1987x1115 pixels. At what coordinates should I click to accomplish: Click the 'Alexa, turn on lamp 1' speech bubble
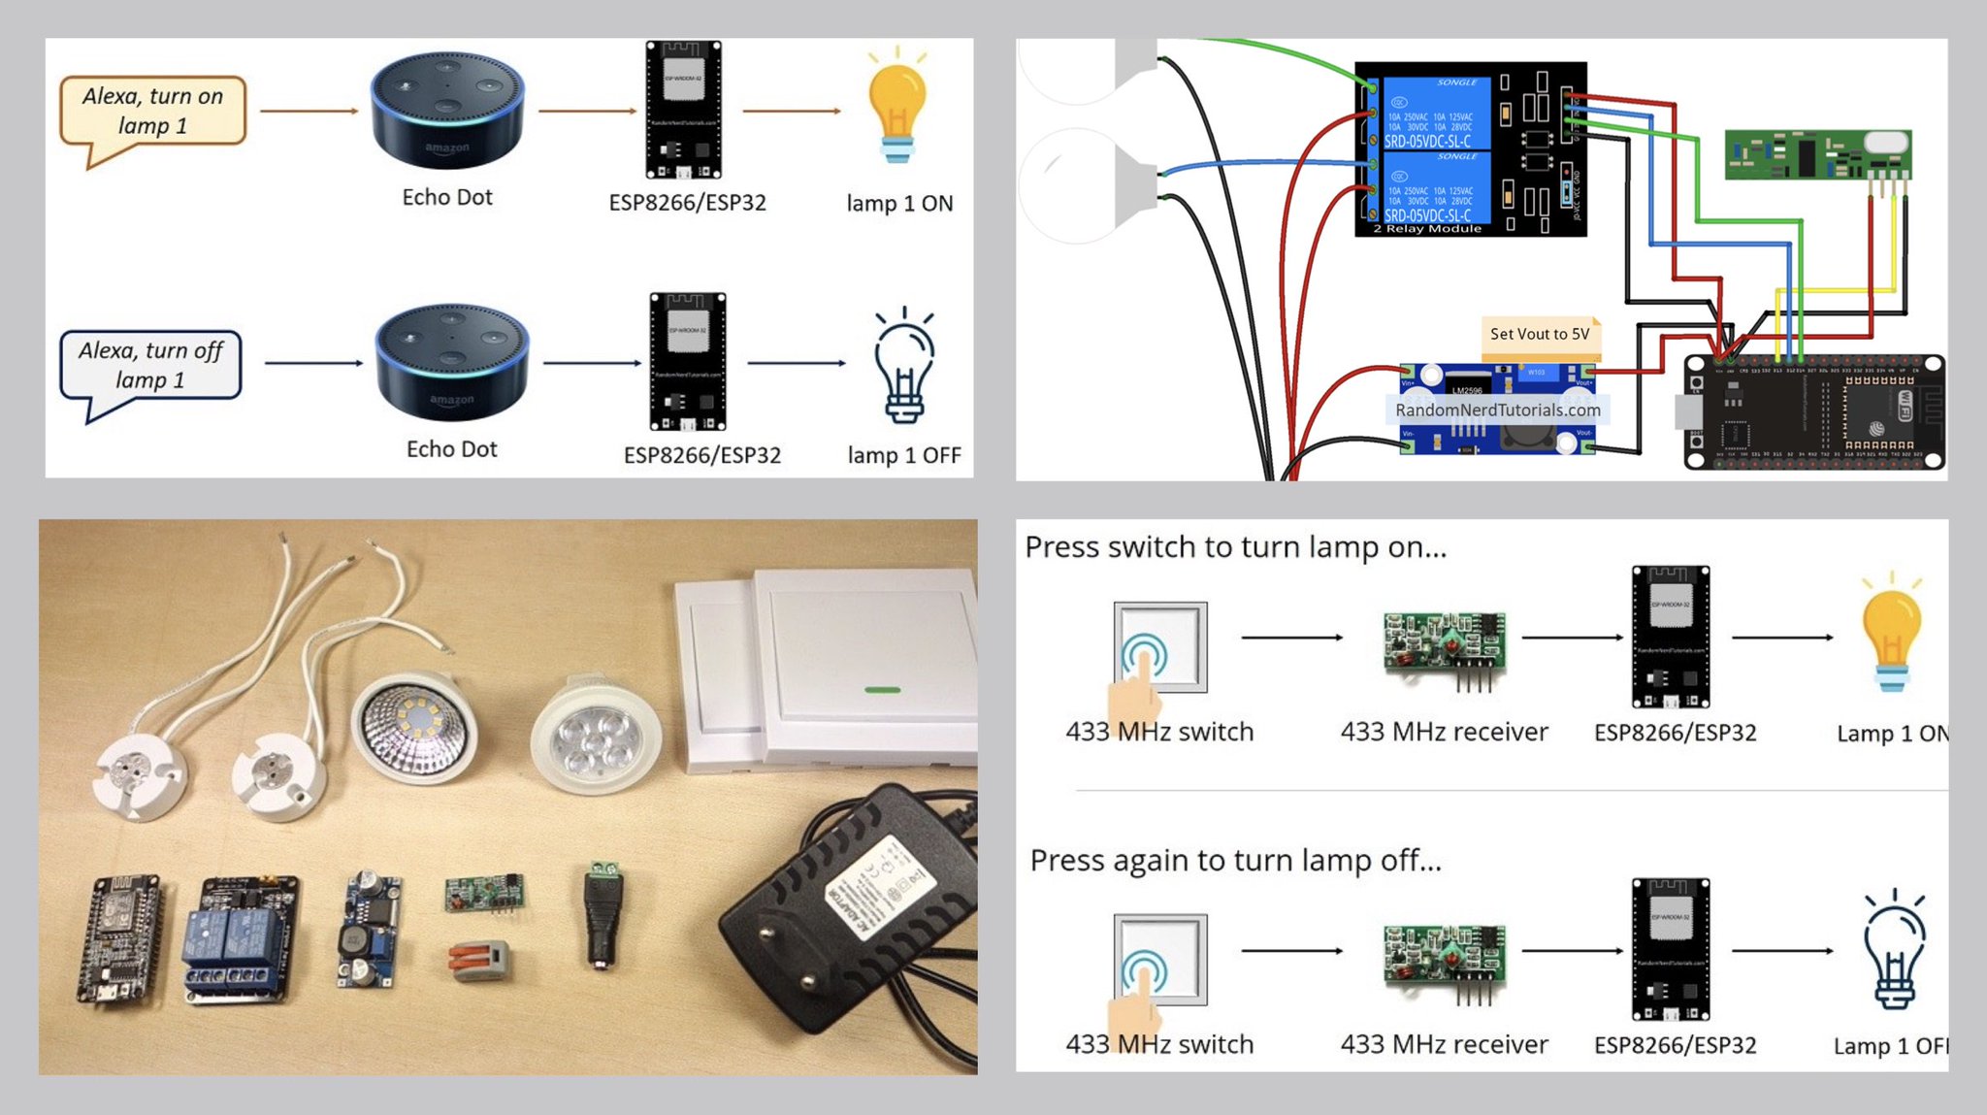[152, 111]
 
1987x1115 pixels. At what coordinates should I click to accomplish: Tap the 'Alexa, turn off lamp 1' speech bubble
[150, 365]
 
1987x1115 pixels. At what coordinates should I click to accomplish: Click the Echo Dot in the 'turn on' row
[447, 110]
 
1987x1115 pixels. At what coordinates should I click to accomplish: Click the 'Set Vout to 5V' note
[1539, 334]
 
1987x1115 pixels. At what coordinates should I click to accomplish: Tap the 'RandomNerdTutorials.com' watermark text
[1497, 410]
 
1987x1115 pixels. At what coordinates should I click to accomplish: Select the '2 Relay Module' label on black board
[1426, 229]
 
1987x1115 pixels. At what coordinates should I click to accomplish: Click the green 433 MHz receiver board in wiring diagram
[1816, 154]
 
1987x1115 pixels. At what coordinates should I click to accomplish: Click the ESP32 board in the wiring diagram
[1814, 412]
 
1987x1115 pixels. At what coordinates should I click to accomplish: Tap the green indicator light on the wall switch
[881, 690]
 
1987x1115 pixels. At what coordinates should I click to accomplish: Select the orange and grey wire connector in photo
[478, 958]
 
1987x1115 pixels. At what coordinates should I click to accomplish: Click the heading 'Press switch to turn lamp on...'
[1235, 547]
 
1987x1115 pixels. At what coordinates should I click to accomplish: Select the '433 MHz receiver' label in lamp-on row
[1444, 732]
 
